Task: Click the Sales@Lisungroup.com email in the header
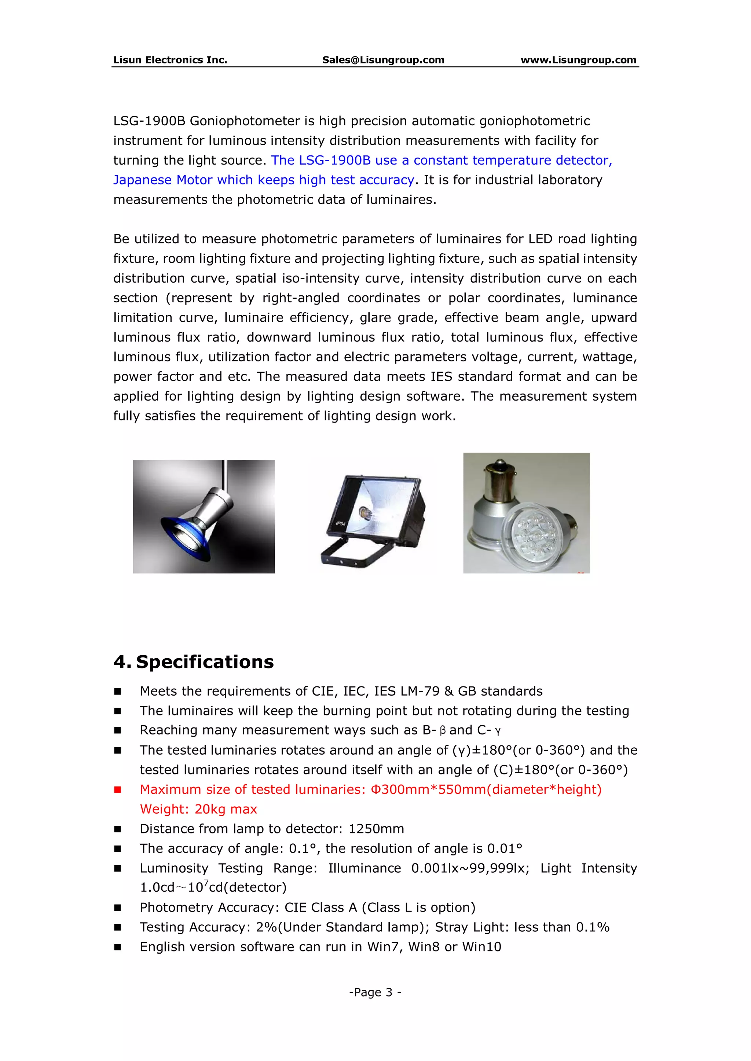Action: click(383, 60)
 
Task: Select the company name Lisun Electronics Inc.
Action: click(170, 60)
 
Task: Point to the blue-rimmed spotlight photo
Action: click(204, 517)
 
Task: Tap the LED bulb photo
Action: click(526, 513)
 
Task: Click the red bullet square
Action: click(118, 790)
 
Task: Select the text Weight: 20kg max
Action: click(198, 809)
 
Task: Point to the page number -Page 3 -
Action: click(375, 992)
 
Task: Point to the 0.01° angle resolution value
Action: click(505, 848)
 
